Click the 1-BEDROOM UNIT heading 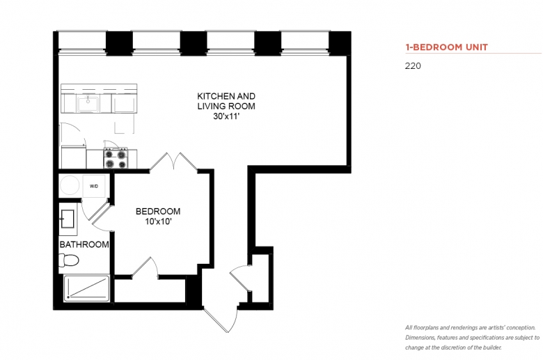[x=446, y=47]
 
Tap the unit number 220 [x=413, y=66]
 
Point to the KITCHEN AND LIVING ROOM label [x=226, y=101]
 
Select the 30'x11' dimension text [x=226, y=116]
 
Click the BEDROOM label [x=158, y=212]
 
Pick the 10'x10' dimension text [x=158, y=221]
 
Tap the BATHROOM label [x=84, y=244]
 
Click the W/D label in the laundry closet [x=94, y=187]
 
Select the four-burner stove [x=116, y=158]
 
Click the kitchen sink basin [x=88, y=104]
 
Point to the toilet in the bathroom [x=68, y=260]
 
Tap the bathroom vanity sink [x=68, y=219]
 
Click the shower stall [x=87, y=288]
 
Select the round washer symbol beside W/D [x=70, y=185]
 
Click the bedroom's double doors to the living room [x=173, y=162]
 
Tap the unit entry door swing [x=221, y=319]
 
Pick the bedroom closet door [x=145, y=267]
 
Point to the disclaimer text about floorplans [x=473, y=338]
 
